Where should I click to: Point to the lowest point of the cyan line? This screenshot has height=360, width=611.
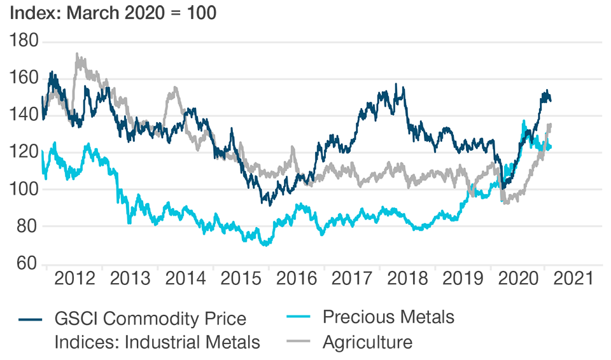click(x=265, y=245)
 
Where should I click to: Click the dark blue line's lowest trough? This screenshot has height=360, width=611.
click(x=270, y=205)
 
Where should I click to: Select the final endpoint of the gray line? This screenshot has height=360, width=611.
click(x=550, y=125)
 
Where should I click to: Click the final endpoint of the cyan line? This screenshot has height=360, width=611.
click(x=550, y=148)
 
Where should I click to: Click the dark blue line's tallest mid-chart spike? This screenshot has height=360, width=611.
click(x=397, y=85)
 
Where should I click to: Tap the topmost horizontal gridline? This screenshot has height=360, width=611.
click(x=318, y=43)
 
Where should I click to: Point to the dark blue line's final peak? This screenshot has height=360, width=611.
click(x=545, y=91)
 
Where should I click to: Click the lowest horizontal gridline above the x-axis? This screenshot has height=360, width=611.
click(x=318, y=226)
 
